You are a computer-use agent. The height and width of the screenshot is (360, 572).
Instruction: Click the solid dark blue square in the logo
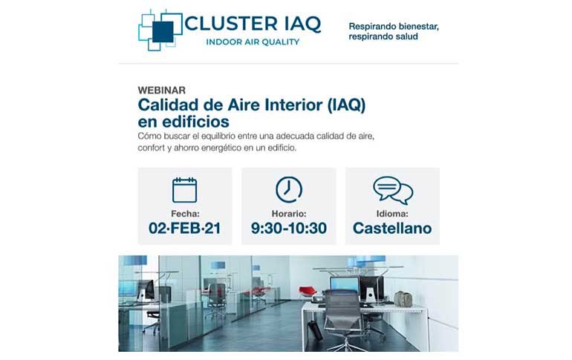[163, 32]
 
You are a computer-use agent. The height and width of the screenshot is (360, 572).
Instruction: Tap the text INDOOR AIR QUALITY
[253, 42]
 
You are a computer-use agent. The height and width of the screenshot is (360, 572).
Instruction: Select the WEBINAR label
[162, 90]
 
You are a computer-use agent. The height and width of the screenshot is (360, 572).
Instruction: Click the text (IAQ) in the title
[346, 105]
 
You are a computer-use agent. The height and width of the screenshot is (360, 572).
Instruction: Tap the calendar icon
[184, 190]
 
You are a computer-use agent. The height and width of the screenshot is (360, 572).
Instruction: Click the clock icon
[289, 189]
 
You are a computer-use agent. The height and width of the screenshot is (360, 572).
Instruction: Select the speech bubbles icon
[393, 190]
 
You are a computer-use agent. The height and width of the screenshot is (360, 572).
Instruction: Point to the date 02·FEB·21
[184, 229]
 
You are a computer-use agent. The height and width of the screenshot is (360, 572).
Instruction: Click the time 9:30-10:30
[289, 229]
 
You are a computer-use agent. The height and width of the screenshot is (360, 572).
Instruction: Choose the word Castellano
[392, 229]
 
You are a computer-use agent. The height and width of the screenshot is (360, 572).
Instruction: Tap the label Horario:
[289, 214]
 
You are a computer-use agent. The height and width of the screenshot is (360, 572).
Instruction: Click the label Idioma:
[392, 214]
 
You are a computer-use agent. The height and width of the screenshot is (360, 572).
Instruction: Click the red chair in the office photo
[307, 291]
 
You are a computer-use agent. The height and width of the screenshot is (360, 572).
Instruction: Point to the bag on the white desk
[403, 299]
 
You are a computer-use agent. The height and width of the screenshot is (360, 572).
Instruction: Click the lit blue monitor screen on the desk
[344, 284]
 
